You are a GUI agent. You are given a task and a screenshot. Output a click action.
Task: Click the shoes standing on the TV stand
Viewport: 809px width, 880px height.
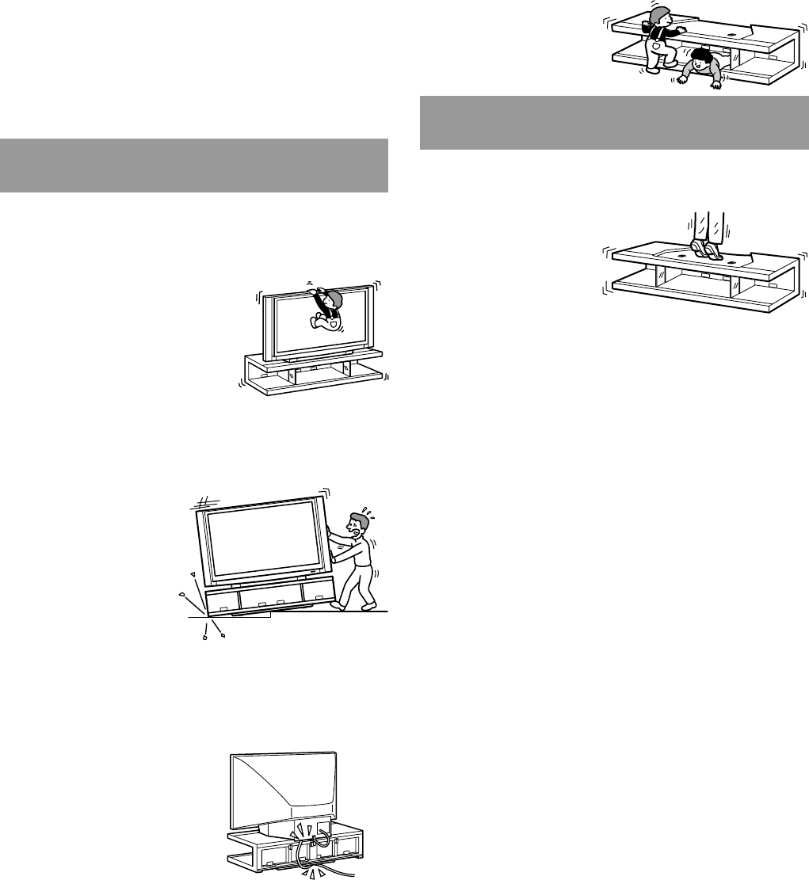coord(704,248)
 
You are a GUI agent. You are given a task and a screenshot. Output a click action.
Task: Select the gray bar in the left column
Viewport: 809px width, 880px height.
coord(194,166)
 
